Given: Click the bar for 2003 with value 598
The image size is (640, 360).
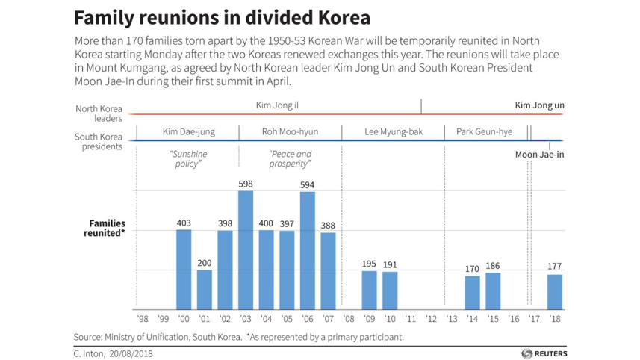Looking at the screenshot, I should (246, 249).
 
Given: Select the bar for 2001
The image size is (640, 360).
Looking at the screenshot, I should (205, 289).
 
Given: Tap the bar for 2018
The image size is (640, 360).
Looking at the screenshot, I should (554, 291).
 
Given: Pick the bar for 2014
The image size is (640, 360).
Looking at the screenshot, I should (472, 292).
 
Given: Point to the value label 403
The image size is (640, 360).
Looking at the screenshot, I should (184, 223).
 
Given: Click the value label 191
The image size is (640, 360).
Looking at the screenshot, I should (390, 264).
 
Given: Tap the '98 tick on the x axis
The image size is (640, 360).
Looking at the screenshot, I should (143, 319).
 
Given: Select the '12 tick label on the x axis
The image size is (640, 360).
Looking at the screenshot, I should (431, 319).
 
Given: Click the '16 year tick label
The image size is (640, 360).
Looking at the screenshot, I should (513, 319).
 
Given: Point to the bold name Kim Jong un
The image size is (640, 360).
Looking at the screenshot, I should (539, 105).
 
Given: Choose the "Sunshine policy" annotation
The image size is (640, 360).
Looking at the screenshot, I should (187, 158).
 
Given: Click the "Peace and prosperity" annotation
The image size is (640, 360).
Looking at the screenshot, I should (290, 158).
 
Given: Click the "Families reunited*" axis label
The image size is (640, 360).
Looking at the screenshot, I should (107, 228).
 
